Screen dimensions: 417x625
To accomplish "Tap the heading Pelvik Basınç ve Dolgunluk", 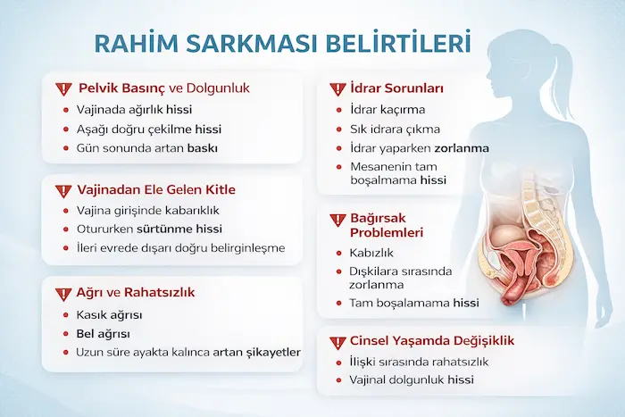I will (162, 88).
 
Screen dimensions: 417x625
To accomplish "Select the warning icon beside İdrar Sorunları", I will (336, 89).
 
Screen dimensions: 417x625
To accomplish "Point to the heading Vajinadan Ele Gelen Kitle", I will (162, 189).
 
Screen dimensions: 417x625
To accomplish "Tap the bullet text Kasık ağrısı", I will (110, 315).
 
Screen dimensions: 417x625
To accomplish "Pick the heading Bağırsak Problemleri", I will (387, 225).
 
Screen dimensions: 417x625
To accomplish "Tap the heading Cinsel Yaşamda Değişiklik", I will (432, 340).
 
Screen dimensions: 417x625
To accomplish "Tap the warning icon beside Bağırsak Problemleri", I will (336, 218).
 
